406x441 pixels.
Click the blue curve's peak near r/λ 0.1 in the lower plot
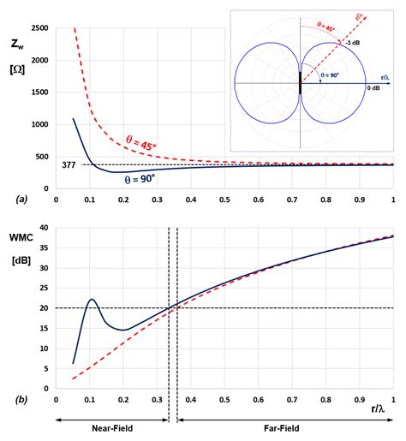tap(92, 300)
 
